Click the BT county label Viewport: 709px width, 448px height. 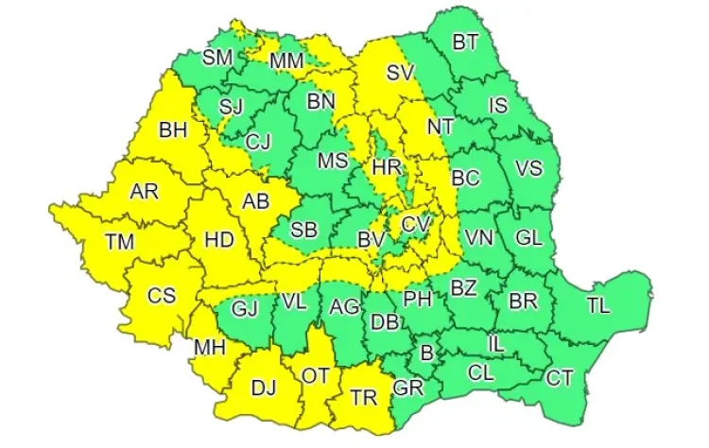(465, 42)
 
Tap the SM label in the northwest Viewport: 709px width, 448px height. (217, 57)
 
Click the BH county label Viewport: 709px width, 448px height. (173, 130)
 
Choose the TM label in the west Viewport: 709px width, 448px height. (120, 242)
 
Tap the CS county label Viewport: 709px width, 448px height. (162, 295)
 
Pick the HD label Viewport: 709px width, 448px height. (219, 240)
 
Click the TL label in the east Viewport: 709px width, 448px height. (597, 304)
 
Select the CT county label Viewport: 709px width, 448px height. (560, 378)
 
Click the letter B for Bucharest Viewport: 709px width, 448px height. (426, 353)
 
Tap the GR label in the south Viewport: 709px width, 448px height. (408, 388)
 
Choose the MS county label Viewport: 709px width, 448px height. (333, 161)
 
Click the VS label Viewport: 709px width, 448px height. (528, 168)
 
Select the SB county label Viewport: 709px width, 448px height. (303, 230)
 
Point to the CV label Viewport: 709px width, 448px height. (414, 224)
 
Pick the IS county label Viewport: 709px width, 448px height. (498, 105)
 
